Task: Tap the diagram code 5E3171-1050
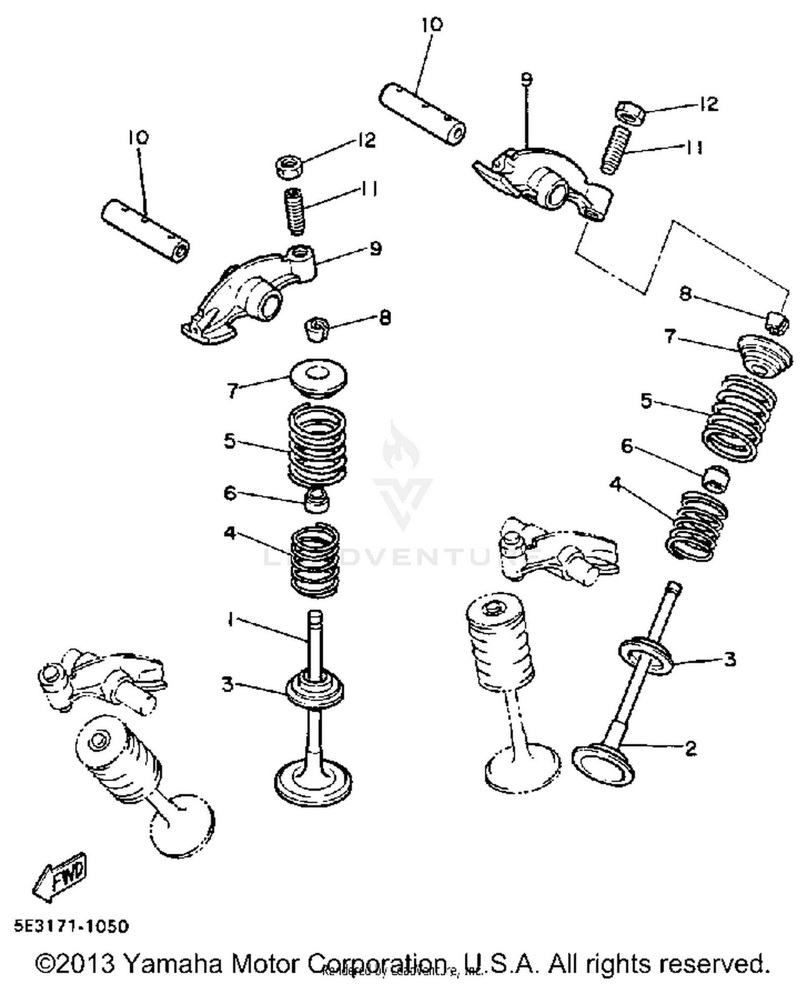72,926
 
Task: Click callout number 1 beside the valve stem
230,620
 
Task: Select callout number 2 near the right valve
691,748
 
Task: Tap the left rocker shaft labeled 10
145,231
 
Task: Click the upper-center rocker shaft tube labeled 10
422,114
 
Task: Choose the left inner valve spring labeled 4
315,560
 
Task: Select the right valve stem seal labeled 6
717,477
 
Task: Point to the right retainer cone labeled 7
764,355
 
